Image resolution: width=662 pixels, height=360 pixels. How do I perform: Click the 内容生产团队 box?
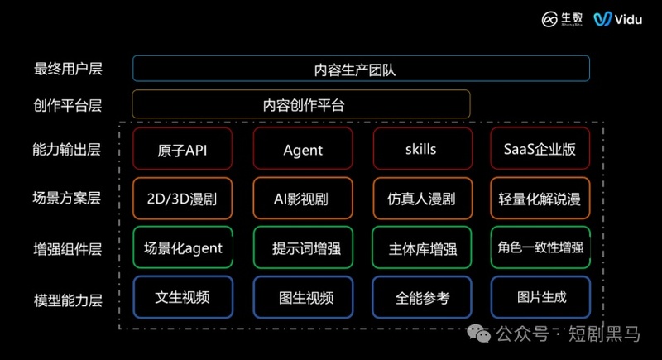tap(361, 69)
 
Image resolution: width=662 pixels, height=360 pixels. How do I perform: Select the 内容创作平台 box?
tap(301, 104)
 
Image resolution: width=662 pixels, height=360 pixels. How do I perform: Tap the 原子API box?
tap(182, 150)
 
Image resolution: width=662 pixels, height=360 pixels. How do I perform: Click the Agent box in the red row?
tap(303, 150)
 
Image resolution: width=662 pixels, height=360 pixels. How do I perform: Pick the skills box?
tap(421, 150)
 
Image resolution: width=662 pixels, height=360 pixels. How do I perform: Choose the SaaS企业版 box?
tap(540, 150)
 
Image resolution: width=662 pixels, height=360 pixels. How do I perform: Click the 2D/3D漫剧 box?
tap(182, 199)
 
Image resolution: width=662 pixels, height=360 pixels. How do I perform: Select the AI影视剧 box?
tap(303, 199)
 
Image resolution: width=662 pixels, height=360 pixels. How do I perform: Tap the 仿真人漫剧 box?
tap(421, 199)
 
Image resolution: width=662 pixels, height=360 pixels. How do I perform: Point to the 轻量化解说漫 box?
tap(540, 199)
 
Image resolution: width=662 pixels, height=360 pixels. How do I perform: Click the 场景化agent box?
tap(182, 247)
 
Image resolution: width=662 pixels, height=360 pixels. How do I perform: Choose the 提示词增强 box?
tap(303, 247)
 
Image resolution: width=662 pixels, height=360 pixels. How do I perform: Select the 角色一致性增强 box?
tap(540, 247)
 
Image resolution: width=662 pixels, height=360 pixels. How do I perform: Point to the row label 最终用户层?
tap(67, 69)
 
